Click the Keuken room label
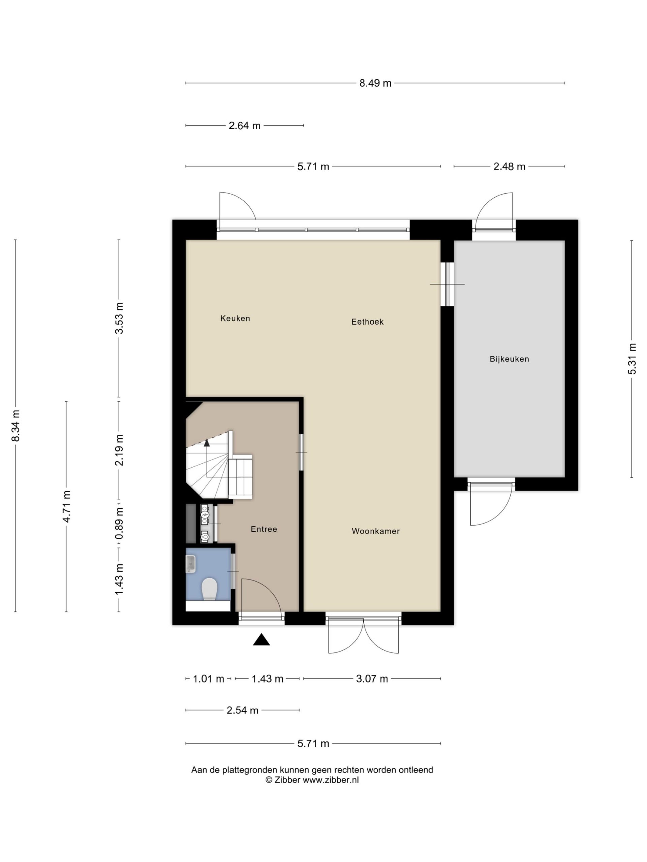[235, 319]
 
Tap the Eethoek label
[367, 322]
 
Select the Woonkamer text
[376, 531]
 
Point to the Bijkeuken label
[509, 359]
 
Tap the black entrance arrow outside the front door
[261, 639]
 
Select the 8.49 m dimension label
[375, 83]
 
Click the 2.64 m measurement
[245, 126]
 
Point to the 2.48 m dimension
[509, 166]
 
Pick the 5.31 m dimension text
[632, 359]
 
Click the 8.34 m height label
[16, 426]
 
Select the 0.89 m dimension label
[119, 523]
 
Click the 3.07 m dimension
[372, 679]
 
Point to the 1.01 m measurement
[209, 679]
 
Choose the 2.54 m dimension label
[243, 710]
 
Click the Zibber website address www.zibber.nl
[331, 780]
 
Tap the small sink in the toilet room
[190, 563]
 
